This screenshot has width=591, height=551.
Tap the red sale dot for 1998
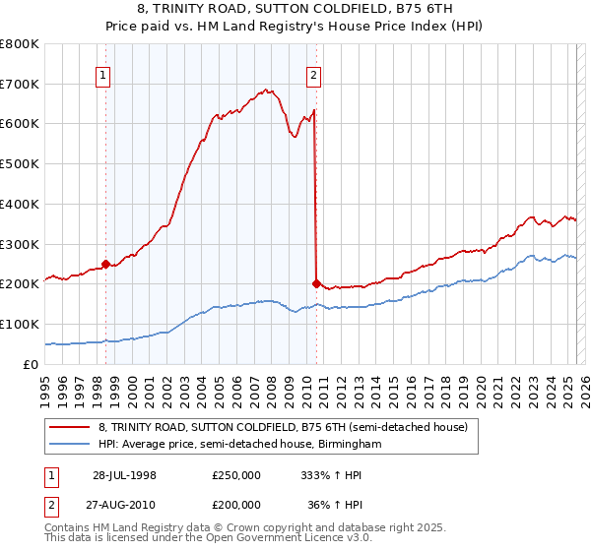[x=106, y=263]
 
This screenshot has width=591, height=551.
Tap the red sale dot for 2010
[x=316, y=283]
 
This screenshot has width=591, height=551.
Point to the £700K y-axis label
[x=20, y=84]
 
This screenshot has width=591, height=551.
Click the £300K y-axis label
[x=20, y=244]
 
